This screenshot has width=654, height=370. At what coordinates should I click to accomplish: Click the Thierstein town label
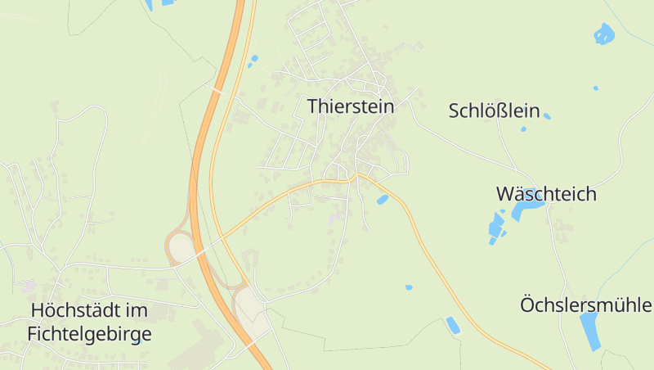pos(351,106)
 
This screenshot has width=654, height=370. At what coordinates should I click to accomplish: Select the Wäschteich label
pos(546,195)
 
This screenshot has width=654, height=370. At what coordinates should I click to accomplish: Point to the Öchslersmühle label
pos(586,305)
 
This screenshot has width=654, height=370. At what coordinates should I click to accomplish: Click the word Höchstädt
pos(78,311)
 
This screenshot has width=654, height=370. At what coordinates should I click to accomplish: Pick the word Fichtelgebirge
pos(89,334)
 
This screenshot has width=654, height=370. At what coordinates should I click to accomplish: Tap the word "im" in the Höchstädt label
pos(137,311)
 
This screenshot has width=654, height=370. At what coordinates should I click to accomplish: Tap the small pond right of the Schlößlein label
pos(547,116)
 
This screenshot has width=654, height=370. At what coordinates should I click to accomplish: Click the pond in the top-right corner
pos(603,34)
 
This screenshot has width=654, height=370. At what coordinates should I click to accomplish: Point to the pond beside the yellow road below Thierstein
pos(382,199)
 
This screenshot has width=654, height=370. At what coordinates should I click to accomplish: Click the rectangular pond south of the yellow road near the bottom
pos(452,325)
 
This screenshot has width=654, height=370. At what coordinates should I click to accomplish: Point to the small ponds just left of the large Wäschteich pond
pos(496,227)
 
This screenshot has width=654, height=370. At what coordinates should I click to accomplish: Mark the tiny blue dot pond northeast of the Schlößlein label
pos(595,88)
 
